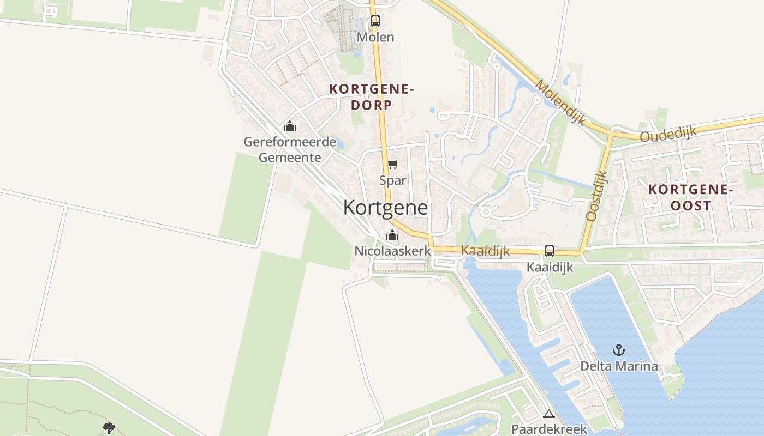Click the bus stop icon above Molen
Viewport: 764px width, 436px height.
(375, 21)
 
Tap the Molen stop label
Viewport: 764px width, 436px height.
(375, 37)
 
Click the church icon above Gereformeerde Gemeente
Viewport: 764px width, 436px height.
(290, 126)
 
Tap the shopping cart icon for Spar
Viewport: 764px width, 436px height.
(392, 164)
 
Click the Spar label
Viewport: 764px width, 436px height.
(393, 180)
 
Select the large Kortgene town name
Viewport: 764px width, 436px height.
(385, 208)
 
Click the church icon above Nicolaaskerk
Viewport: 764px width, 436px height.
(392, 235)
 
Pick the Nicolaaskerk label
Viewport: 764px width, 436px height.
(392, 251)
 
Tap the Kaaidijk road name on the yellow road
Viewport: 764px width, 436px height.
(485, 251)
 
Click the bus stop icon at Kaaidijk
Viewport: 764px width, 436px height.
(550, 251)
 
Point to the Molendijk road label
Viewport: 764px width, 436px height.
(560, 102)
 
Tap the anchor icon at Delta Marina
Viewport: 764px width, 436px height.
(619, 350)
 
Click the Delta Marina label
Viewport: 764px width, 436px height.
(619, 366)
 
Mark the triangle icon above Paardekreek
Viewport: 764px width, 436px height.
(549, 414)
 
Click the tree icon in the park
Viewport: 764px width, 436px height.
(109, 428)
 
